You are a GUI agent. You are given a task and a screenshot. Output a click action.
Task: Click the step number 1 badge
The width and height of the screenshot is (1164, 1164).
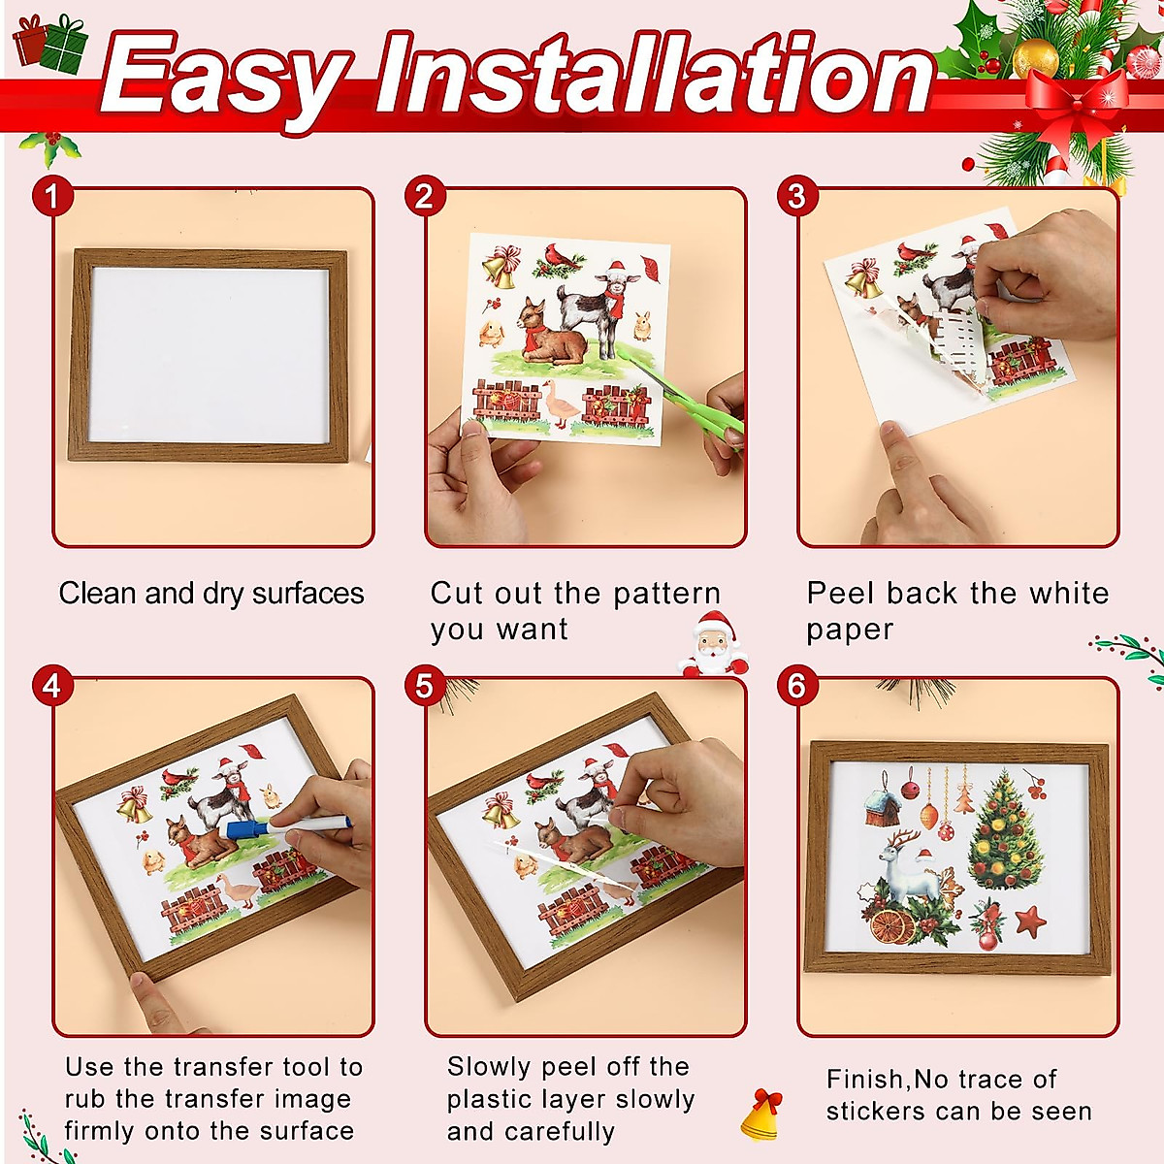pos(52,197)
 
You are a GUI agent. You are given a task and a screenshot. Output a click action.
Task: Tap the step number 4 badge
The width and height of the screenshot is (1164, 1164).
pos(52,686)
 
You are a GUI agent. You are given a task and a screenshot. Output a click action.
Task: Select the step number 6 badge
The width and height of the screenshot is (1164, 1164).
pos(796,686)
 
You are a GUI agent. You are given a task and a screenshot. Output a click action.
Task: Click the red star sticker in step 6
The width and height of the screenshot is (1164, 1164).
pos(1030,920)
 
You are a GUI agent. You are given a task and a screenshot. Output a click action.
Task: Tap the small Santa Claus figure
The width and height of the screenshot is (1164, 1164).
pos(714,644)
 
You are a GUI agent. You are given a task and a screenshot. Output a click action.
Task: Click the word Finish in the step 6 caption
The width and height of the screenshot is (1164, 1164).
pos(865,1080)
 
